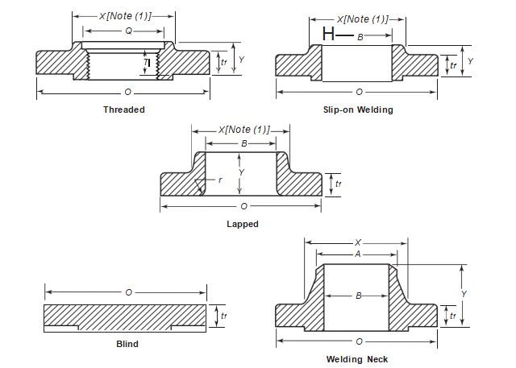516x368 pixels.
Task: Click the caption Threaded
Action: pos(124,110)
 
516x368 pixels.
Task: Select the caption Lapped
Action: pos(243,224)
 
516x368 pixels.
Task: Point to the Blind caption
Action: pos(127,344)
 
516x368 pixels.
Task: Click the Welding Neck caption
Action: pos(360,359)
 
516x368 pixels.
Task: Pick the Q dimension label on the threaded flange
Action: pos(128,31)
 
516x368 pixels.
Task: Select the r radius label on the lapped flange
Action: pos(220,180)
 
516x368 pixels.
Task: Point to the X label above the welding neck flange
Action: pos(358,242)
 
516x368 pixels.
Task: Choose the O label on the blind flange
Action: pos(128,292)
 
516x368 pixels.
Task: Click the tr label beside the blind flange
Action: pos(223,316)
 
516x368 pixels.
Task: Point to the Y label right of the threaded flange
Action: pos(241,60)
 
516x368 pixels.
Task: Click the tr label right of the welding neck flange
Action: pos(453,316)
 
